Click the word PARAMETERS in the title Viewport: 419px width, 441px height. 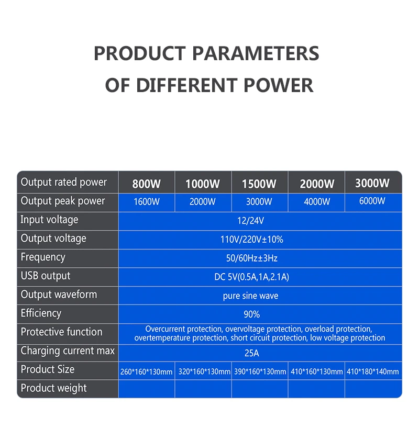click(x=256, y=53)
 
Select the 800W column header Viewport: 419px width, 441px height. click(x=147, y=184)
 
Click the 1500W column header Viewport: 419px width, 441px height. click(x=259, y=184)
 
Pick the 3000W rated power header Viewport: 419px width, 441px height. click(x=372, y=183)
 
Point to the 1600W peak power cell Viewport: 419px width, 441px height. click(x=147, y=201)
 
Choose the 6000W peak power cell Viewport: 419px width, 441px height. click(x=372, y=201)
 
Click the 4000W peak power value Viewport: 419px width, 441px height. click(x=317, y=201)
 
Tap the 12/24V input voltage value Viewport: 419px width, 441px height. click(x=250, y=221)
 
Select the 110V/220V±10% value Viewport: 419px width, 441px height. click(x=252, y=240)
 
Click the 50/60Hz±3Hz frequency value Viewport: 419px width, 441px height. click(x=252, y=258)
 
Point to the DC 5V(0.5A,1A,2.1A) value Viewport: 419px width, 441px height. click(x=252, y=277)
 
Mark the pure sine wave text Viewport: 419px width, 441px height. click(x=250, y=296)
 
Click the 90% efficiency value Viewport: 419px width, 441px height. click(x=252, y=314)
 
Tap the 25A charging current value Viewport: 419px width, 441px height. click(x=252, y=353)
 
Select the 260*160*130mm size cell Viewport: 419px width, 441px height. click(x=146, y=372)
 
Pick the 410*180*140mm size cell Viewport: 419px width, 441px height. click(x=372, y=371)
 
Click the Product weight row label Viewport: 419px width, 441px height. click(x=53, y=388)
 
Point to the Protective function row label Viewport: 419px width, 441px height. click(x=61, y=332)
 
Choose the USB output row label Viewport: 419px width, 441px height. click(x=46, y=276)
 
